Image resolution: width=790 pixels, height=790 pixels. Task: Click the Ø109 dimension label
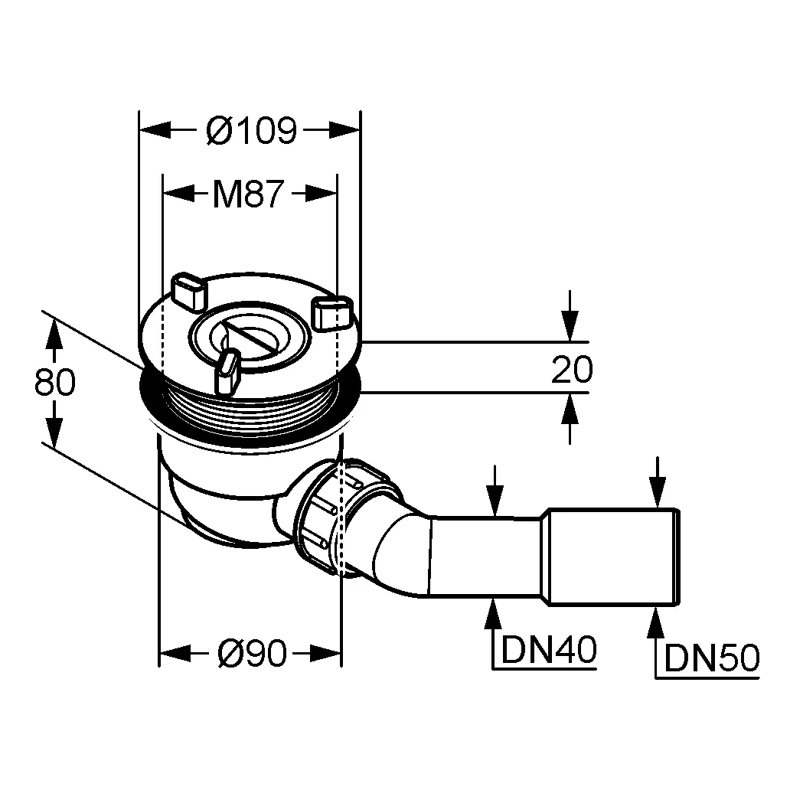[x=251, y=132]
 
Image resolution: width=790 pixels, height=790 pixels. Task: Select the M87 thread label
[x=248, y=195]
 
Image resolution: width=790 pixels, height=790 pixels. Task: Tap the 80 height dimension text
[x=55, y=382]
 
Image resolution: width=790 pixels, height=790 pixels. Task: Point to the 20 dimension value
[x=572, y=371]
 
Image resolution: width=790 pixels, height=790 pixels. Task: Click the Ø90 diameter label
[x=251, y=653]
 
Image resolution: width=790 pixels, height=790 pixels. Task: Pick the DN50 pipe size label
[x=711, y=658]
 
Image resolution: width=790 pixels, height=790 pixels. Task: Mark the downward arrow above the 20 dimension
[x=570, y=325]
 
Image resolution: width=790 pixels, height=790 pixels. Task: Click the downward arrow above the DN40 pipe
[x=496, y=501]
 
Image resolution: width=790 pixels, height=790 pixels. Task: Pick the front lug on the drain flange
[x=227, y=372]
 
